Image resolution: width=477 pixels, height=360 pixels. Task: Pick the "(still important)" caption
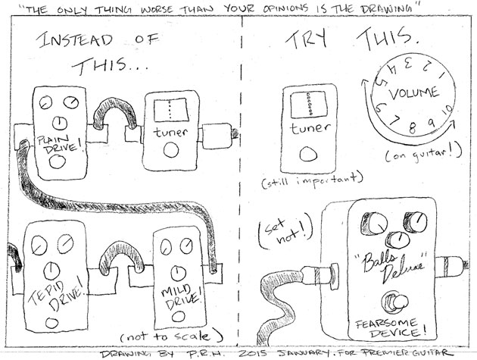click(x=310, y=180)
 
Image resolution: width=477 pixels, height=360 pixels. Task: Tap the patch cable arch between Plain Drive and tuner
click(x=114, y=117)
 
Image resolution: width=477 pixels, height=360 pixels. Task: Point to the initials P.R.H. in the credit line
click(x=200, y=354)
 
